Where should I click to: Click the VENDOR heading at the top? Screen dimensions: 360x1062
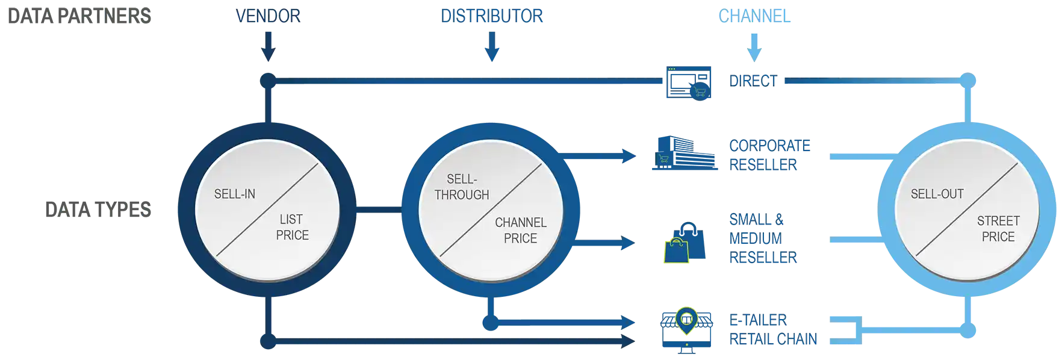(x=269, y=16)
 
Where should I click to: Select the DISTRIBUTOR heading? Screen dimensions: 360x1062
(x=491, y=16)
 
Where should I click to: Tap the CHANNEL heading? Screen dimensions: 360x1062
(x=755, y=16)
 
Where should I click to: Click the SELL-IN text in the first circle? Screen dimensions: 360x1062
(x=235, y=194)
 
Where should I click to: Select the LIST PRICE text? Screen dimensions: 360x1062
(x=292, y=227)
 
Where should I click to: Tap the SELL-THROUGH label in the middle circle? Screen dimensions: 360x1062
(x=462, y=187)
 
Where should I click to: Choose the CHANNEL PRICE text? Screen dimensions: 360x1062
(x=521, y=231)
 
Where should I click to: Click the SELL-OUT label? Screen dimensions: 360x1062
(x=937, y=194)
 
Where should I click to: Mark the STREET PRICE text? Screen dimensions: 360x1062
(x=998, y=229)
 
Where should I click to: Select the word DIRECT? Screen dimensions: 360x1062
(x=752, y=81)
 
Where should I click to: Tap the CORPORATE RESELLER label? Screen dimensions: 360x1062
(x=769, y=155)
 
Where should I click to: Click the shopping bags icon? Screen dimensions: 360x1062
(x=685, y=242)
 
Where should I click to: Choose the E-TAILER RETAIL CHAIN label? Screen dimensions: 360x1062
(x=772, y=329)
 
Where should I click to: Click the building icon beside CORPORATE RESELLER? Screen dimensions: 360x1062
(x=685, y=155)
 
